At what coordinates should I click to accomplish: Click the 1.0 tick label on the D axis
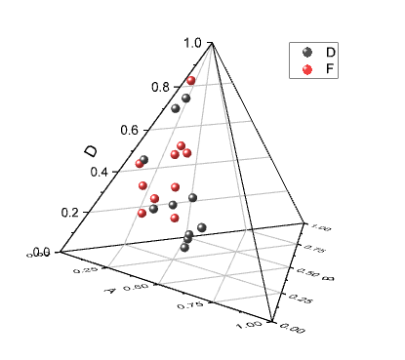click(x=191, y=43)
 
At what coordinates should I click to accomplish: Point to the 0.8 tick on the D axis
click(x=159, y=86)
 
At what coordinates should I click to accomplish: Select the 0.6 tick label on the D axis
click(x=128, y=129)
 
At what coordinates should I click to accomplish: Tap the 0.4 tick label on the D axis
click(x=101, y=172)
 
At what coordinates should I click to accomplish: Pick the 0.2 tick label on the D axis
click(x=70, y=213)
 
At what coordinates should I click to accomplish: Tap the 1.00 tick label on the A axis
click(x=250, y=322)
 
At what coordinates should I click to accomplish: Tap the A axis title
click(x=112, y=292)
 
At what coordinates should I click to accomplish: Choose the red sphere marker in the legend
click(x=308, y=69)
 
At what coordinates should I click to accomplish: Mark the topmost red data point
click(x=191, y=80)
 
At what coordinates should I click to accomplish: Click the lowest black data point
click(x=184, y=248)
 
